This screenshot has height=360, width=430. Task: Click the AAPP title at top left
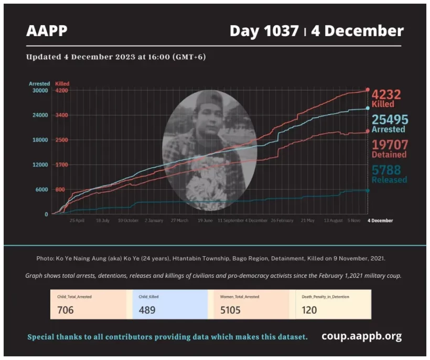[x=47, y=31]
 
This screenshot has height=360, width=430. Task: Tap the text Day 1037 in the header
[x=264, y=31]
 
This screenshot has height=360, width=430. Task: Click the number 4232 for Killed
[x=386, y=94]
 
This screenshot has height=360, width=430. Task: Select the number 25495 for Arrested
[x=389, y=119]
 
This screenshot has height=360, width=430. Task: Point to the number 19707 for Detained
[x=389, y=145]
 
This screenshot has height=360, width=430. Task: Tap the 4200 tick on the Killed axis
[x=62, y=90]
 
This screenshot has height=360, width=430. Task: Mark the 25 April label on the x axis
[x=77, y=221]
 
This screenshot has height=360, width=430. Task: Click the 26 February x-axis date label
[x=282, y=221]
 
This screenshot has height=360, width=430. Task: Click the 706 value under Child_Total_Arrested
[x=66, y=310]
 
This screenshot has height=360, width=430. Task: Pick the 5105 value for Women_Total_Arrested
[x=231, y=310]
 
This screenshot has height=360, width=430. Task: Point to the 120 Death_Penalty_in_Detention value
[x=309, y=310]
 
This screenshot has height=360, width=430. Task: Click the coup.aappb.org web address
[x=361, y=336]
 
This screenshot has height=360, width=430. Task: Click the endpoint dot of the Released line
[x=368, y=190]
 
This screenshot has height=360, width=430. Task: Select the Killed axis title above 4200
[x=62, y=83]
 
